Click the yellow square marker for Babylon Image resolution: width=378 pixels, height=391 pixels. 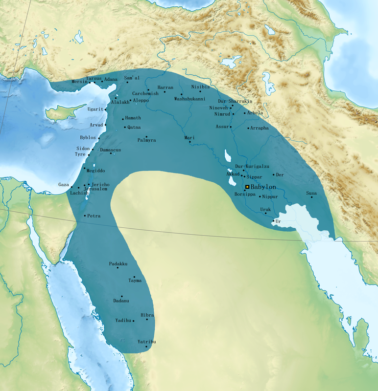click(x=247, y=187)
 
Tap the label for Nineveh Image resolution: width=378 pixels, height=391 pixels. click(x=218, y=108)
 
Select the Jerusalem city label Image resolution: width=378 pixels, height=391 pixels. click(x=95, y=189)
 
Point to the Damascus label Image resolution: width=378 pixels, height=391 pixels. click(x=110, y=150)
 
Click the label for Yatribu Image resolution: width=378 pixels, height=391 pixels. click(x=146, y=342)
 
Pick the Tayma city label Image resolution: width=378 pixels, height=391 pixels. click(x=135, y=281)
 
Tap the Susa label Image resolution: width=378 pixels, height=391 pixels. click(x=311, y=193)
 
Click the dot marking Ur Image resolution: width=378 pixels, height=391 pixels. click(x=273, y=221)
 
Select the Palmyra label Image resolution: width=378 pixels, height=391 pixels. click(x=146, y=140)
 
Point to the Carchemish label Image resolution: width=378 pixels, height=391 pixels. click(x=145, y=93)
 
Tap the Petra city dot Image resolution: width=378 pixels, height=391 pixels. click(x=85, y=216)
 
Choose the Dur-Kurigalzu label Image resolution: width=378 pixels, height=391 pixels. click(x=252, y=167)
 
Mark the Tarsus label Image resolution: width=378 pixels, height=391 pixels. click(x=94, y=78)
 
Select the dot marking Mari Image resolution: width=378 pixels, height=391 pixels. click(x=190, y=142)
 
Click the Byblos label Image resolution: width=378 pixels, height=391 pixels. click(x=88, y=138)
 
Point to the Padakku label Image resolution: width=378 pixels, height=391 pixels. click(x=118, y=264)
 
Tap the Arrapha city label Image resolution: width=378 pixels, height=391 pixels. click(x=260, y=128)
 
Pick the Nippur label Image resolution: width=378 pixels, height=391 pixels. click(x=270, y=196)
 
